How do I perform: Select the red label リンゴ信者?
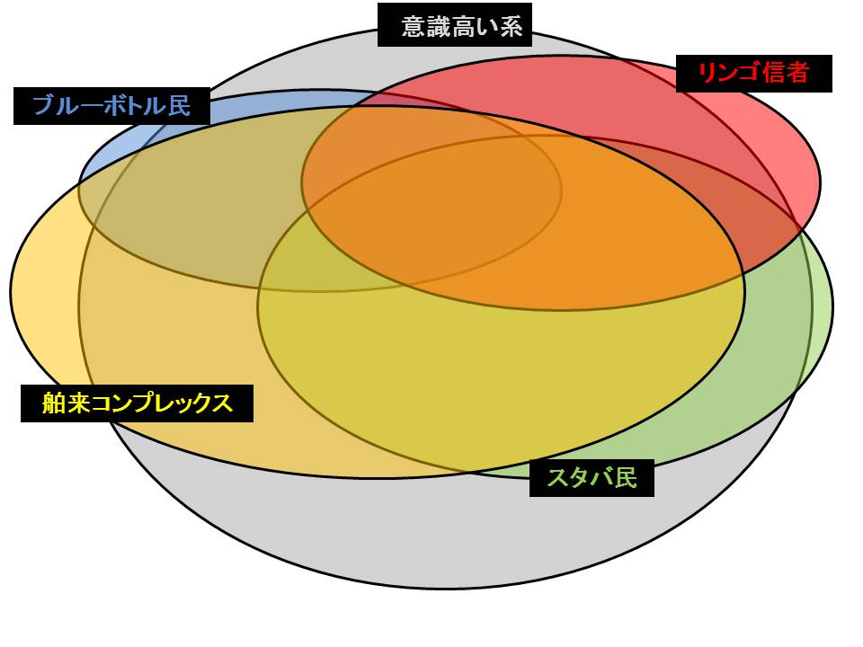coord(753,73)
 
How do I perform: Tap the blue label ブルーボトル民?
coord(111,106)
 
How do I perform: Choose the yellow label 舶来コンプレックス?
coord(137,403)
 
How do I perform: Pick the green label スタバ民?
coord(591,478)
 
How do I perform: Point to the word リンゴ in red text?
coord(729,73)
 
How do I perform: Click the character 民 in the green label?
coord(625,478)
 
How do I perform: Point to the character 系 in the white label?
coord(511,27)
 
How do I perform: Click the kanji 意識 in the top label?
coord(423,27)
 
